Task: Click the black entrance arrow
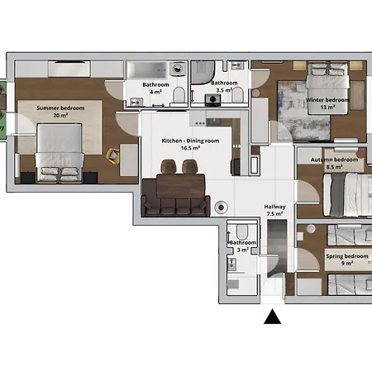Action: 272,317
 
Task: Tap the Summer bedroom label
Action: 60,112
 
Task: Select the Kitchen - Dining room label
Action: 190,144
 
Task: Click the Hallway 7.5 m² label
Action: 274,210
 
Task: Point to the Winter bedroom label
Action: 327,103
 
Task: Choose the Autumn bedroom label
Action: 334,163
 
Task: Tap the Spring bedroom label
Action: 347,260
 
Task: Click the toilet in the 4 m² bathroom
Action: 179,94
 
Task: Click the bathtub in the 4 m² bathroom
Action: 146,70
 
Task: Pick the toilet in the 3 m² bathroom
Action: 242,232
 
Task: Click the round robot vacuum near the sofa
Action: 221,207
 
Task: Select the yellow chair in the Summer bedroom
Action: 113,156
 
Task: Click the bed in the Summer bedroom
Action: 60,152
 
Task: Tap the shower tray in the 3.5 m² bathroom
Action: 203,72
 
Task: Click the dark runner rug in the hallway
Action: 277,246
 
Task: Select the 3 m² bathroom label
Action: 243,246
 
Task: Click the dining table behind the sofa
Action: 181,186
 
